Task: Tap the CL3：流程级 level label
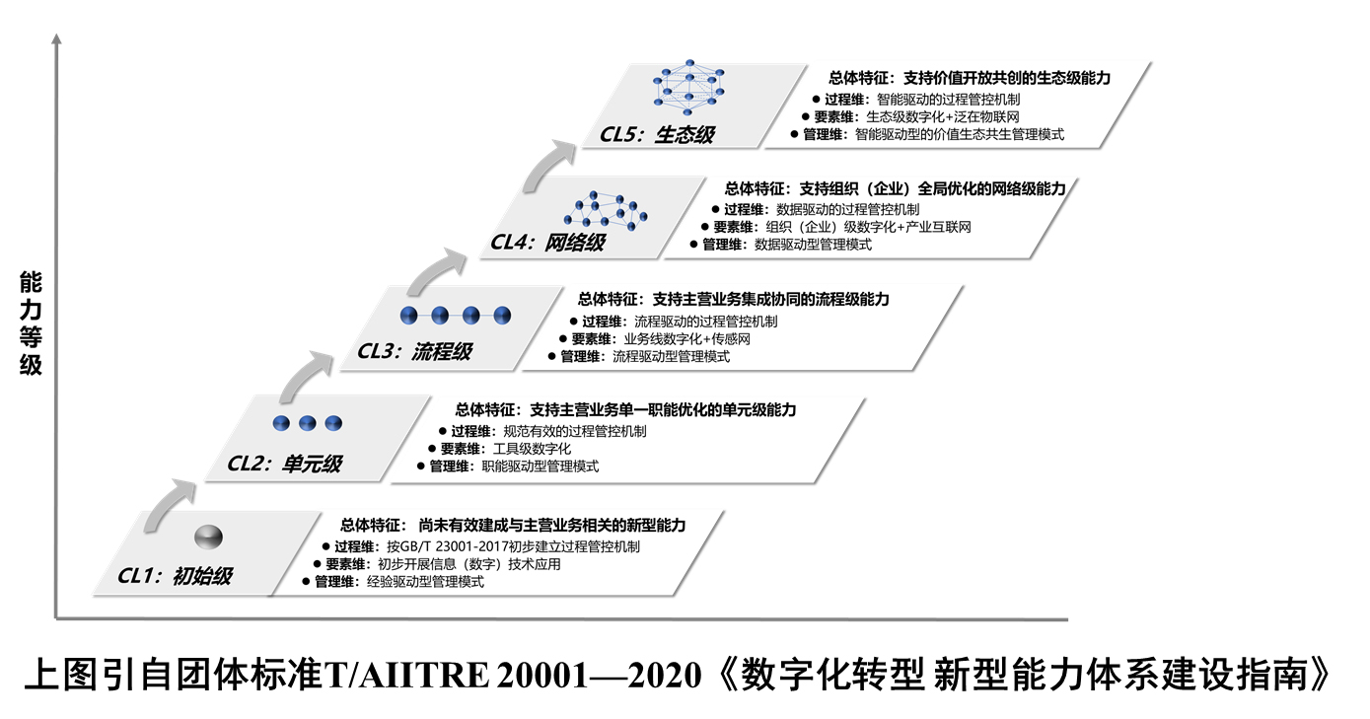click(x=414, y=351)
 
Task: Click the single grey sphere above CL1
click(x=208, y=537)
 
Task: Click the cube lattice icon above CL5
click(x=686, y=86)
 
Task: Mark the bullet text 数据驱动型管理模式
click(x=813, y=245)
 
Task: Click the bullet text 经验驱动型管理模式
click(x=425, y=582)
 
